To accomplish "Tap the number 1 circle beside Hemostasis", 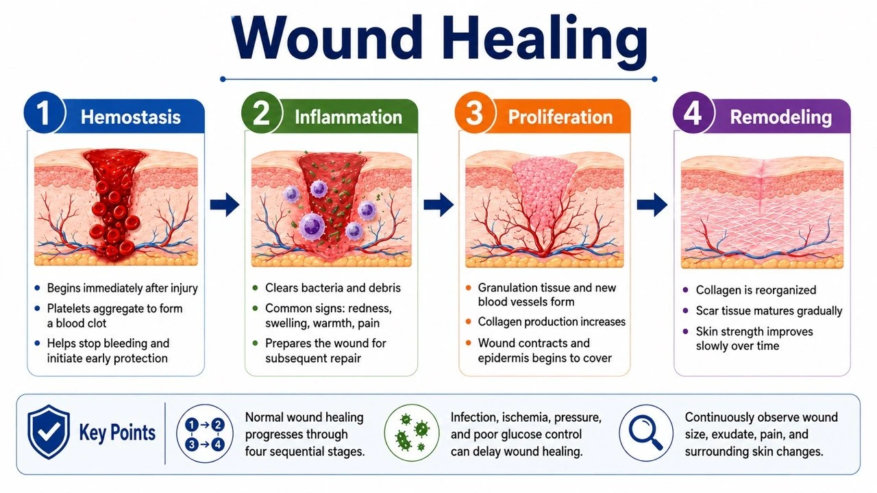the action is [x=44, y=113].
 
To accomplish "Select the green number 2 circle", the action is [x=262, y=113].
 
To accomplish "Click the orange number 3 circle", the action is [x=475, y=113].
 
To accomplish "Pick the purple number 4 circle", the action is [x=693, y=113].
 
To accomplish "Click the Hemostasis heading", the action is [x=130, y=117].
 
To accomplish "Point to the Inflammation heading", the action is [x=348, y=117].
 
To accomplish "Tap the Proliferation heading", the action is [x=560, y=117].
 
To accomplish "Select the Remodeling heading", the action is [x=780, y=117].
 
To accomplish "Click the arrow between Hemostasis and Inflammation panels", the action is [x=224, y=204].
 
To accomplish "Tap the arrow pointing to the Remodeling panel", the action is [x=652, y=204].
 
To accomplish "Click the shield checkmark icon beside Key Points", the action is [x=49, y=431].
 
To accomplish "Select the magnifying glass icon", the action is [x=645, y=433].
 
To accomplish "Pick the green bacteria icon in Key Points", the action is [x=412, y=433].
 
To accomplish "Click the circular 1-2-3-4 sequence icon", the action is [x=204, y=433].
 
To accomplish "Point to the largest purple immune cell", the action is [x=312, y=227].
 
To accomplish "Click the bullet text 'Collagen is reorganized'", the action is [x=756, y=290].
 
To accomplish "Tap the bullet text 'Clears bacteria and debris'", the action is [x=333, y=288].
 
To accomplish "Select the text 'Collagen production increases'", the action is [x=552, y=322].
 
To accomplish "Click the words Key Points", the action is [x=117, y=433].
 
